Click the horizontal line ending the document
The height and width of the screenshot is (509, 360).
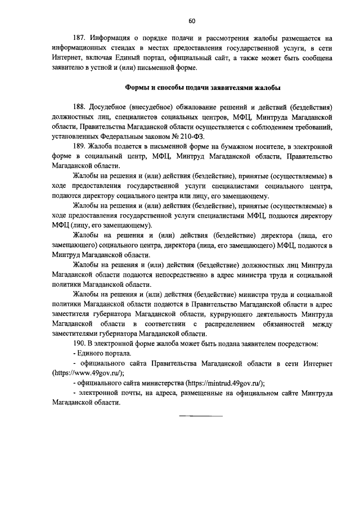(200, 416)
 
